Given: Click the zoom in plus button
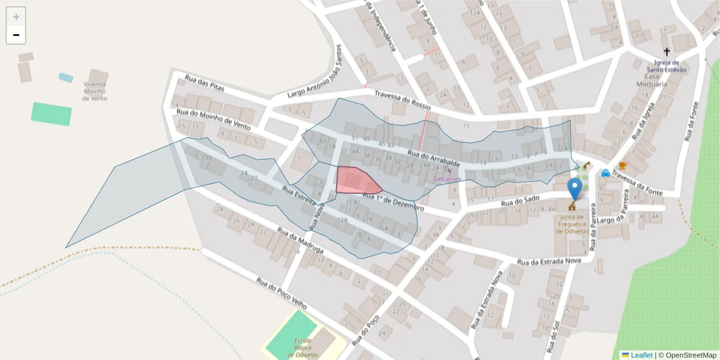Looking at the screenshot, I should (16, 17).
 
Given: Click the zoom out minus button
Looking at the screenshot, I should (16, 35).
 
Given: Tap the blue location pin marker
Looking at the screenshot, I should (575, 188).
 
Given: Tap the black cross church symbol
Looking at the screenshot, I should (666, 52).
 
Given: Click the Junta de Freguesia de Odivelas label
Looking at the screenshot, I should (572, 224).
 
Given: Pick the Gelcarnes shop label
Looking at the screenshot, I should (447, 179).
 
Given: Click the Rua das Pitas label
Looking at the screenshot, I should (204, 85).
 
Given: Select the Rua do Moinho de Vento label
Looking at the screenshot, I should (213, 119).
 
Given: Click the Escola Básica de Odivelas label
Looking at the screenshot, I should (302, 347).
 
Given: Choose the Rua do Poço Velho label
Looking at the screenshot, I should (281, 293).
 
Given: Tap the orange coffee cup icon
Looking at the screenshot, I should (622, 166).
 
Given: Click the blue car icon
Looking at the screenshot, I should (605, 173).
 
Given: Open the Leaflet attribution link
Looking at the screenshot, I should (641, 355).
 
